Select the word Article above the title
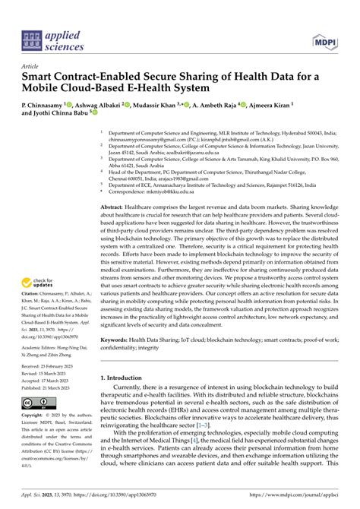[31, 67]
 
